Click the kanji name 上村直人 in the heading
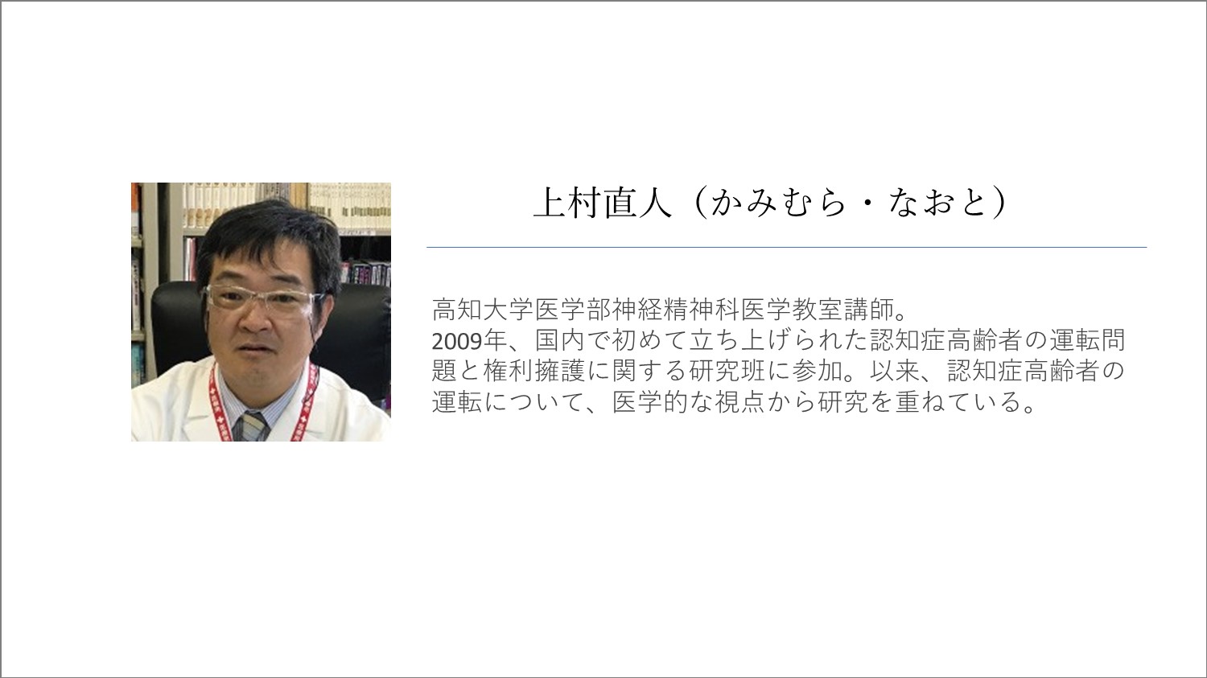click(x=603, y=203)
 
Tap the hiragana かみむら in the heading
click(x=777, y=203)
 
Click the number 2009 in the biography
click(x=456, y=340)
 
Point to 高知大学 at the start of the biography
click(x=483, y=310)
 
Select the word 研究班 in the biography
click(x=727, y=371)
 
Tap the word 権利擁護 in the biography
click(x=534, y=371)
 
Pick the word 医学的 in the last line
click(x=650, y=402)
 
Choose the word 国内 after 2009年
click(x=559, y=340)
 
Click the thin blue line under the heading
click(x=787, y=247)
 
